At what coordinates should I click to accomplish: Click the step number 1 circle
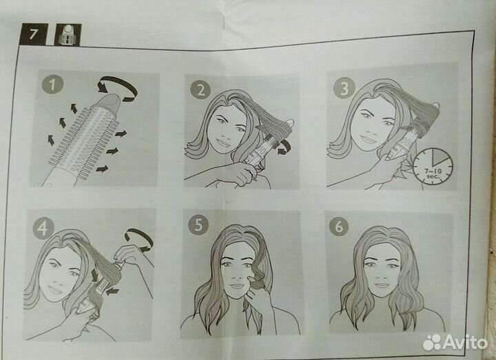(x=52, y=85)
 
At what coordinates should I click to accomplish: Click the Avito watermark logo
(x=455, y=341)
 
